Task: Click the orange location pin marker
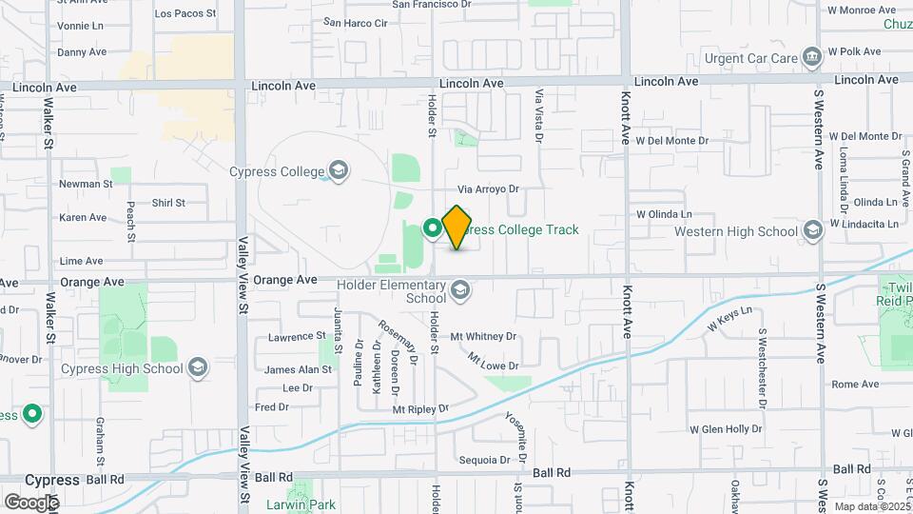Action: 457,227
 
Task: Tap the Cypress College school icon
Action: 336,171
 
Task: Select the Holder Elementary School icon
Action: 460,289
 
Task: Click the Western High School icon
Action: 812,230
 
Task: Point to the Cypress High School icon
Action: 198,368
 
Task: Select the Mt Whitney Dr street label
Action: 483,336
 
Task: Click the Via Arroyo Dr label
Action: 488,188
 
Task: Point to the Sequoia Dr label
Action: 478,460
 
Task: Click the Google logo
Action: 31,502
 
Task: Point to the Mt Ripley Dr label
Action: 419,409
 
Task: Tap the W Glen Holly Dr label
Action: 726,428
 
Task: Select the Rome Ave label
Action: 855,384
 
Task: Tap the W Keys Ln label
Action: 728,318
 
